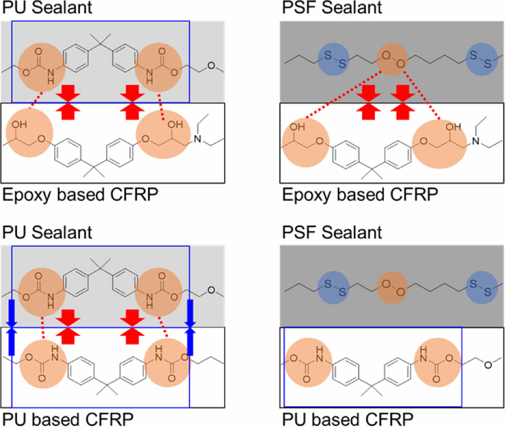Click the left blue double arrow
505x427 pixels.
[x=11, y=327]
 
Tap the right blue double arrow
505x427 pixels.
[x=190, y=327]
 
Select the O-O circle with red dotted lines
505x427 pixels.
[x=392, y=59]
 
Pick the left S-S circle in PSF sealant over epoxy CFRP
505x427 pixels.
[x=334, y=59]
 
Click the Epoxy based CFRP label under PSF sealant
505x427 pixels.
[x=360, y=195]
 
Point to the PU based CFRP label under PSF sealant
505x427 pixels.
[x=347, y=419]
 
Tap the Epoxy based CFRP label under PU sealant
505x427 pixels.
[x=80, y=195]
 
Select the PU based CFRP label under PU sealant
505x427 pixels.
[x=68, y=419]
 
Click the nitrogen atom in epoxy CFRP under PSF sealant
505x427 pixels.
[x=476, y=141]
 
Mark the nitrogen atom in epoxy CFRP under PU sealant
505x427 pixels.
[x=197, y=139]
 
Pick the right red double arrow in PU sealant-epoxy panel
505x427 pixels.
[x=132, y=102]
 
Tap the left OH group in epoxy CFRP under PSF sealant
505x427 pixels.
[x=297, y=127]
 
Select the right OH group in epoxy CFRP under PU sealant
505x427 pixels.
[x=175, y=124]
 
